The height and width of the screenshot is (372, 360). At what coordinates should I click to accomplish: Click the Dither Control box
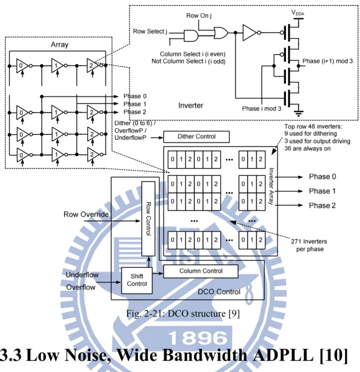point(196,137)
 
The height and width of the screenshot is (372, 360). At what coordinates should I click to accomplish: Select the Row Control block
point(149,218)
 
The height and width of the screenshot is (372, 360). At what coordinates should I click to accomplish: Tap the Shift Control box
point(137,280)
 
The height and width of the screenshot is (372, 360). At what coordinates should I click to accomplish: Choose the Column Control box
point(201,271)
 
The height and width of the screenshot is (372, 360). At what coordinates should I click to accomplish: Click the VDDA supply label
point(298,13)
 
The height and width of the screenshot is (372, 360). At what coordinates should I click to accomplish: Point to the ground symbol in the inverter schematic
point(298,113)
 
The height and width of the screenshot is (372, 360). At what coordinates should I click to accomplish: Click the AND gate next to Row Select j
point(191,36)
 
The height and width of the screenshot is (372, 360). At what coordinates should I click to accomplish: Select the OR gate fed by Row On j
point(221,33)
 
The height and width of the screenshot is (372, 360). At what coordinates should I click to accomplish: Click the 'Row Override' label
point(86,214)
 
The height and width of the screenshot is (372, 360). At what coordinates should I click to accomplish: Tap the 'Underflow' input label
point(82,275)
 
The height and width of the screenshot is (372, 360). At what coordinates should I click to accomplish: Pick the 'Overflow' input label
point(81,287)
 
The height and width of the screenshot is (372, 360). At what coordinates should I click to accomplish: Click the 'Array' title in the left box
point(60,45)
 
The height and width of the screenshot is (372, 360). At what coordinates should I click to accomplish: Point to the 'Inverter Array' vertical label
point(271,186)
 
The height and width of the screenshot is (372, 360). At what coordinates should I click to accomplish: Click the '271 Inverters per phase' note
point(309,245)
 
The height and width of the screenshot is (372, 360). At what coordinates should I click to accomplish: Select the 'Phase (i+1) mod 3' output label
point(327,61)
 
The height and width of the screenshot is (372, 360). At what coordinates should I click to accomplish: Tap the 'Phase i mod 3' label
point(261,109)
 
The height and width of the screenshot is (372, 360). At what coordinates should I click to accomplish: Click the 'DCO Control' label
point(219,292)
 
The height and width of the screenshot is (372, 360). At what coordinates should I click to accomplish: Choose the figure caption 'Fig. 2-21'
point(183,313)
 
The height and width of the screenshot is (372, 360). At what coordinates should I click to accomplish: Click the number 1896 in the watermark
point(197,338)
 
